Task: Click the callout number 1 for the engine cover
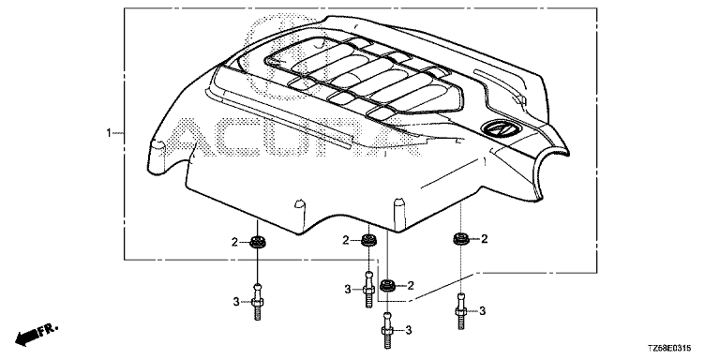click(109, 133)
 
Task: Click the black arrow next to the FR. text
click(26, 337)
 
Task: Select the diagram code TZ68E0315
click(669, 349)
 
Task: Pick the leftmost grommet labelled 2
click(259, 241)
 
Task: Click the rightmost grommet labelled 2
click(461, 238)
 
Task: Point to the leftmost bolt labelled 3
click(258, 301)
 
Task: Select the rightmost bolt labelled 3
click(461, 310)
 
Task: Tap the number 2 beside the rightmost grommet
click(484, 238)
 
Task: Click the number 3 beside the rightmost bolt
click(482, 311)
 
